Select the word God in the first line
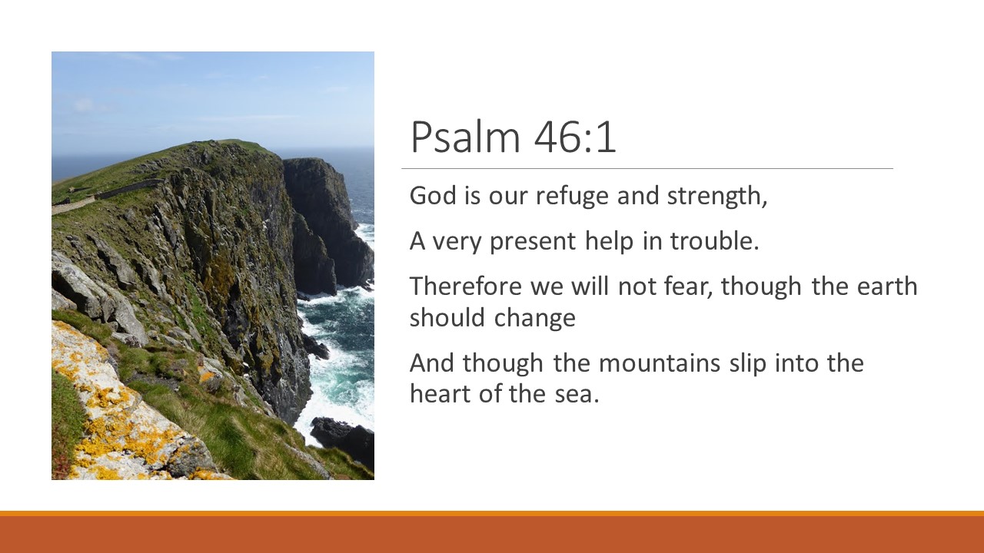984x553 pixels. (427, 196)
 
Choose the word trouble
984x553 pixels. (714, 241)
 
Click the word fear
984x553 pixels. (687, 286)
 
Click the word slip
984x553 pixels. (748, 363)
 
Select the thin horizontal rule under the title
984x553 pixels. (647, 168)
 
